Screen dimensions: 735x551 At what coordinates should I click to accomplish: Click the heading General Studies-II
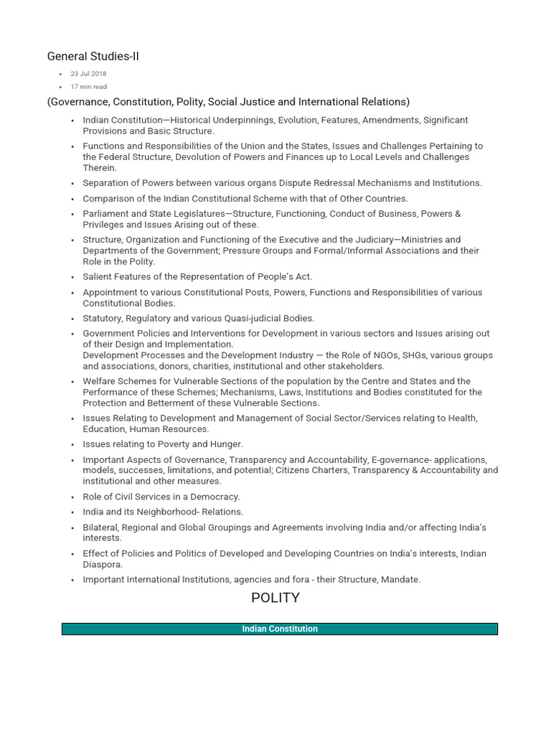[93, 56]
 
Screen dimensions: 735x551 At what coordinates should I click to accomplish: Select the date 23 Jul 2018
[88, 74]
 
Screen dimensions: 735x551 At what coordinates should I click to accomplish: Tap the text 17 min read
[89, 87]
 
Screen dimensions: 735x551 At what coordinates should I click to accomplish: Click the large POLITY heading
[275, 598]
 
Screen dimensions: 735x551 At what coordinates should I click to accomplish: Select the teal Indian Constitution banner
[280, 629]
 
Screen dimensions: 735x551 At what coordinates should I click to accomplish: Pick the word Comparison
[107, 198]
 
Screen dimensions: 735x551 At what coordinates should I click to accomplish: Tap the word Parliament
[106, 214]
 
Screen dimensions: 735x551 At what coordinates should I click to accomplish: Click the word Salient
[98, 277]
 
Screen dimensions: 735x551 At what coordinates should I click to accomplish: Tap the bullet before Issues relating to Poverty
[73, 445]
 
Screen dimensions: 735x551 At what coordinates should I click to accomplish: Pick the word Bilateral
[103, 528]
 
